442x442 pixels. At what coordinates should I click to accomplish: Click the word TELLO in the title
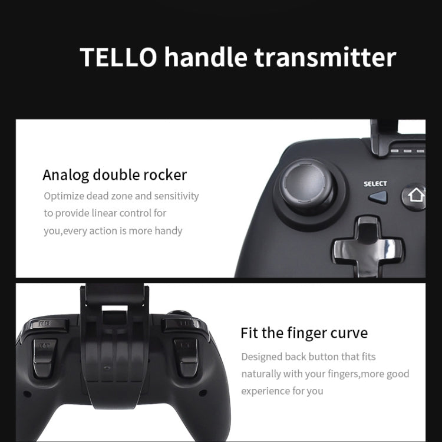[x=118, y=57]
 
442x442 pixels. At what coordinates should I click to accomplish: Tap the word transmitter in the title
[x=325, y=57]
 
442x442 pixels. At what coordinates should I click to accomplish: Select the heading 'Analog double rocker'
[x=114, y=176]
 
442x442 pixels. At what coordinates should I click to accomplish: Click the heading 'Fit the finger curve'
[x=304, y=333]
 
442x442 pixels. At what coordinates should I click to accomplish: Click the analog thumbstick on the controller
[x=308, y=184]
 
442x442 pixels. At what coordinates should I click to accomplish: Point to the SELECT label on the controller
[x=375, y=184]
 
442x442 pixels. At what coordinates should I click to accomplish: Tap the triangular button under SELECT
[x=378, y=197]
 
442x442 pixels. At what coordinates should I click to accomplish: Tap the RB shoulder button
[x=47, y=324]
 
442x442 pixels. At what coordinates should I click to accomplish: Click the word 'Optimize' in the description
[x=64, y=196]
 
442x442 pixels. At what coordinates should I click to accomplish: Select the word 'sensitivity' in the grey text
[x=176, y=196]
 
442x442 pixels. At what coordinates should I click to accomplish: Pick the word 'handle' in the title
[x=206, y=57]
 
